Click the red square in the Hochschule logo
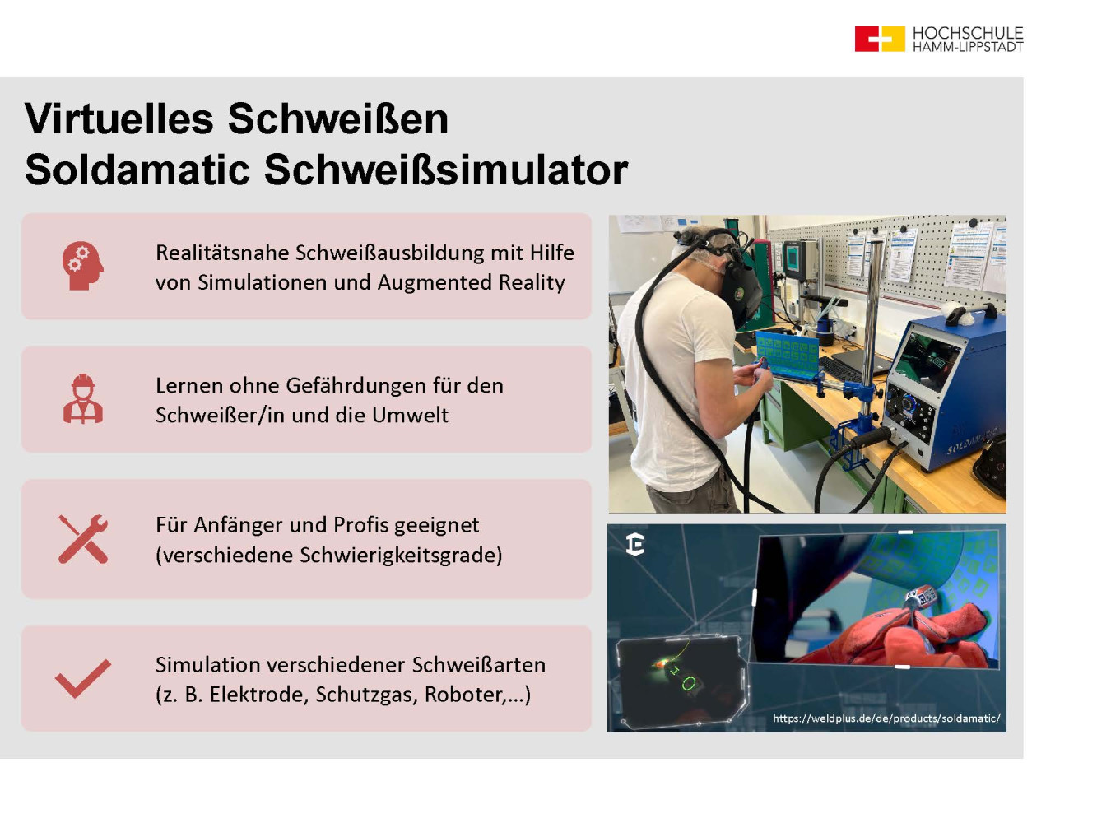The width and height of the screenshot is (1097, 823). pyautogui.click(x=866, y=39)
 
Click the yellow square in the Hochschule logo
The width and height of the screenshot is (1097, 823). pyautogui.click(x=893, y=39)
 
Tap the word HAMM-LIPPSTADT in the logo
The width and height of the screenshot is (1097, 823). pyautogui.click(x=968, y=47)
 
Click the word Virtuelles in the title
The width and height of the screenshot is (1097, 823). pyautogui.click(x=119, y=119)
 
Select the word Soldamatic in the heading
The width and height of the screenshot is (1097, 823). pyautogui.click(x=137, y=170)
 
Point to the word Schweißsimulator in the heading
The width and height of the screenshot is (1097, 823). pyautogui.click(x=445, y=170)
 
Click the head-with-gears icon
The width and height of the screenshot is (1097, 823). pyautogui.click(x=82, y=266)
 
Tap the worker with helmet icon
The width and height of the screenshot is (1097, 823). pyautogui.click(x=83, y=398)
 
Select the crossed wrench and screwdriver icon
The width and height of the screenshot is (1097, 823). pyautogui.click(x=83, y=539)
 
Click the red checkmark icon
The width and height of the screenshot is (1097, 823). pyautogui.click(x=83, y=678)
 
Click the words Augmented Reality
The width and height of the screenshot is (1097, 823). pyautogui.click(x=471, y=283)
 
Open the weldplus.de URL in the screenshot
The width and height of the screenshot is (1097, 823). pyautogui.click(x=886, y=718)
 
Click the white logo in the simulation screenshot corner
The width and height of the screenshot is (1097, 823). pyautogui.click(x=635, y=544)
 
